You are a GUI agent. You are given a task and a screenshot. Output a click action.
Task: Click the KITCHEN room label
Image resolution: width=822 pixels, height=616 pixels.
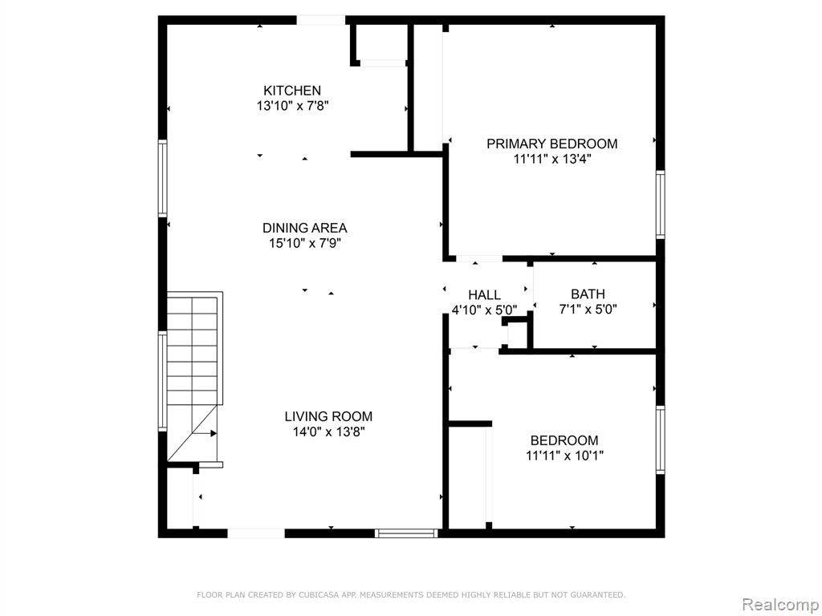[292, 90]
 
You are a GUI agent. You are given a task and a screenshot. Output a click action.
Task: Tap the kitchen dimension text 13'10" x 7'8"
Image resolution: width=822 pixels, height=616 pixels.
[292, 106]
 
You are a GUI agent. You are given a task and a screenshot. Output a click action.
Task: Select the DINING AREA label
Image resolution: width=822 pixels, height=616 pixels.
[304, 228]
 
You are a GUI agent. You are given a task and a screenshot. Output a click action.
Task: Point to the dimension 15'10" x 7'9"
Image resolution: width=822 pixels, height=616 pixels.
[305, 243]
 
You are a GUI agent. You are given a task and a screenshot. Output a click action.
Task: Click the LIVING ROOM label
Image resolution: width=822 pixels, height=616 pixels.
[328, 416]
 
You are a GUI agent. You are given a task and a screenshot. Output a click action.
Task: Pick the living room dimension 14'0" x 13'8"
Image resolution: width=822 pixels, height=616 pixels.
[328, 432]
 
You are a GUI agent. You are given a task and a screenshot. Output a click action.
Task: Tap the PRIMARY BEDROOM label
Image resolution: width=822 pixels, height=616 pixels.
[552, 144]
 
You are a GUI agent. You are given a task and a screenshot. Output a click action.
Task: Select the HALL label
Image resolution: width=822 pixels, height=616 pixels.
[484, 295]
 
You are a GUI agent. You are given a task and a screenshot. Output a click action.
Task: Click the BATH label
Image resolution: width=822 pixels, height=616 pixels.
[588, 294]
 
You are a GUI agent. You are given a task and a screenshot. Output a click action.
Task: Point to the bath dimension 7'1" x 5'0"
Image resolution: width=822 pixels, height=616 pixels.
[588, 310]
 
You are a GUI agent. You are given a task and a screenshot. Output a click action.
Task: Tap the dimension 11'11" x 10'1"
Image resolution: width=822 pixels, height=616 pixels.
[564, 456]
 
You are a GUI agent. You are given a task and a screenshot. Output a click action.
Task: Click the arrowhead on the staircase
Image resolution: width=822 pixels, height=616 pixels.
[214, 433]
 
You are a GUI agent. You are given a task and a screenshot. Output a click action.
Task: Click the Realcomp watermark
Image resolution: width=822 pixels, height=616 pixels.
[780, 605]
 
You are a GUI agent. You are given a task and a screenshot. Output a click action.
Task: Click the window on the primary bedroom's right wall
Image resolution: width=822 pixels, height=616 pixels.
[661, 205]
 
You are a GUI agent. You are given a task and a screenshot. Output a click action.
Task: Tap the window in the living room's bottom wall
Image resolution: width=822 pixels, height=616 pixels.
[407, 533]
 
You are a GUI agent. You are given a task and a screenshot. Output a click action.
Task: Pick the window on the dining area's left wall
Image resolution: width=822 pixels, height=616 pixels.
[162, 179]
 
